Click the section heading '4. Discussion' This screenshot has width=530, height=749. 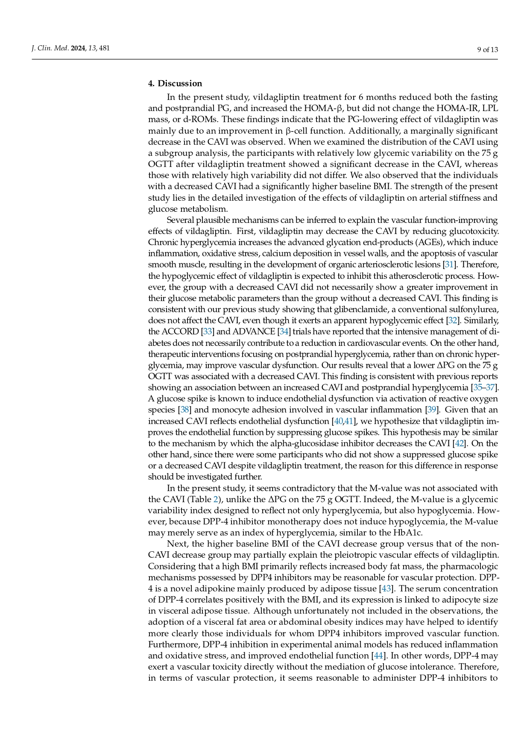tap(175, 83)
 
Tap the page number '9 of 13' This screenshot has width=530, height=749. tap(488, 50)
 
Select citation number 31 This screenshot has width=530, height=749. tap(449, 265)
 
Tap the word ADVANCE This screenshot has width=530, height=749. tap(254, 332)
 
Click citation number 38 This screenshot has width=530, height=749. tap(184, 410)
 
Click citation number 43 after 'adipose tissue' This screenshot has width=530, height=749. tap(386, 589)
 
